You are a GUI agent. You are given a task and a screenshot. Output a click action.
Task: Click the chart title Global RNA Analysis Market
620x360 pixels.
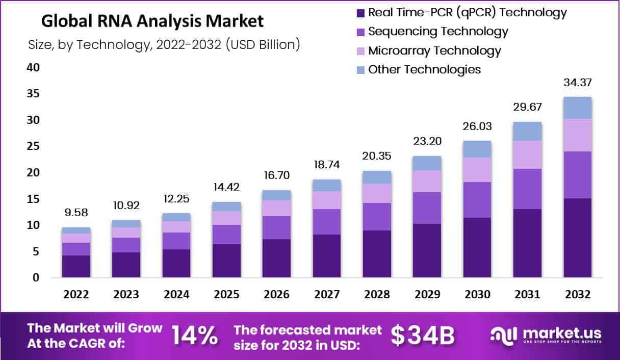152,21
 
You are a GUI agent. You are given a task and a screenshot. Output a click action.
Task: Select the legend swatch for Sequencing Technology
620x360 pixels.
360,32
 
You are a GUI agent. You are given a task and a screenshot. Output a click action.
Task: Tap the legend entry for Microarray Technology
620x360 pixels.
434,50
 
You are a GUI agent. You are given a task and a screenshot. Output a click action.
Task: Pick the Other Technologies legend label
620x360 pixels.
424,69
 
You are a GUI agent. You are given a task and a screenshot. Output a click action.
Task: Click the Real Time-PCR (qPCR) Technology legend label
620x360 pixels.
467,12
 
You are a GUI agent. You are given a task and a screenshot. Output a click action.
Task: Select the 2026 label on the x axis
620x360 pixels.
276,295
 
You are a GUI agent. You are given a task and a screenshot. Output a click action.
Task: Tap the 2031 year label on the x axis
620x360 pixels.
527,295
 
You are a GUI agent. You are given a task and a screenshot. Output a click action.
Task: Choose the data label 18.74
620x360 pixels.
326,165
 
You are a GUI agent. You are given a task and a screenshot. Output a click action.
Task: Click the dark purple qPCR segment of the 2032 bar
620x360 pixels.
577,238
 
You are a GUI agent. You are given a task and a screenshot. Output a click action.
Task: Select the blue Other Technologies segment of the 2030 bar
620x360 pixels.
477,149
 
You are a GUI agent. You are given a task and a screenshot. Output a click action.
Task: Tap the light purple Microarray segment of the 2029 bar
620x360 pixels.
427,181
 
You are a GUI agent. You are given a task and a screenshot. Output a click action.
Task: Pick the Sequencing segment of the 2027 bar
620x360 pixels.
326,222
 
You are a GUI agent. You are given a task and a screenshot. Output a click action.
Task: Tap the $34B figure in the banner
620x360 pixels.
423,335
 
